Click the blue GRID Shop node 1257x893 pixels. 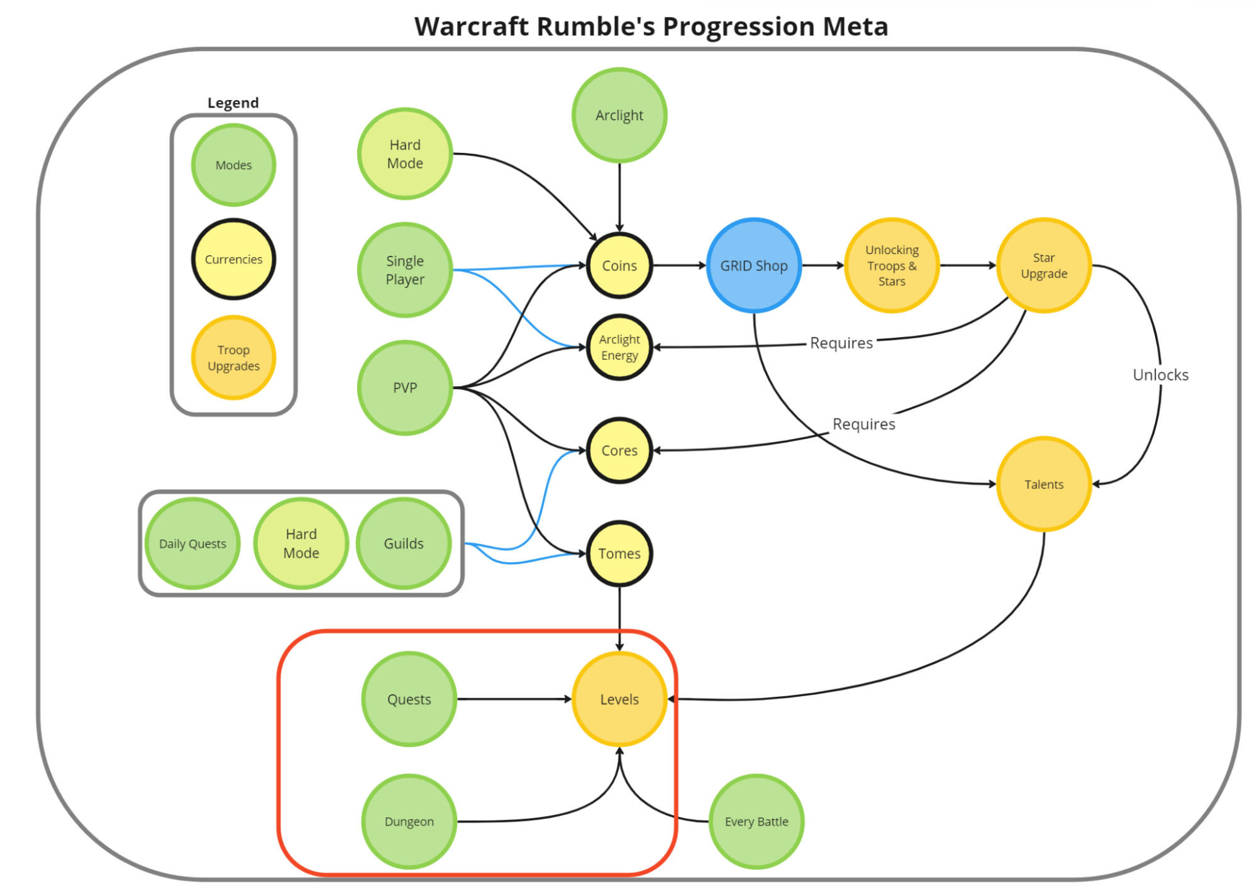click(x=753, y=265)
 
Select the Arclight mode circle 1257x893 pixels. click(x=619, y=116)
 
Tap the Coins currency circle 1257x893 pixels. click(x=619, y=265)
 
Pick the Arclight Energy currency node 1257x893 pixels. click(x=619, y=347)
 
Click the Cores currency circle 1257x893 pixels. click(x=619, y=450)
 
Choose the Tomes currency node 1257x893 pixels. click(x=619, y=553)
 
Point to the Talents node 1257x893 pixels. click(x=1043, y=484)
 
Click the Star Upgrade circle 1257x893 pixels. click(x=1043, y=265)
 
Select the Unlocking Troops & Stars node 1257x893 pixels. click(x=891, y=265)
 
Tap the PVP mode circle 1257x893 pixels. click(x=405, y=387)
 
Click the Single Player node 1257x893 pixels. click(x=405, y=270)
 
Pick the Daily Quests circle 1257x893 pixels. click(x=192, y=543)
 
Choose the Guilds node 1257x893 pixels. click(x=404, y=543)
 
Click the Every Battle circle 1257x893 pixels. click(x=756, y=821)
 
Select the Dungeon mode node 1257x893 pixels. click(x=409, y=821)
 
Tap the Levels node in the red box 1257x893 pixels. click(x=619, y=699)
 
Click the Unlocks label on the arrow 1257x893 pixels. click(x=1160, y=375)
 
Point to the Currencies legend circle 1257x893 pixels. click(x=233, y=259)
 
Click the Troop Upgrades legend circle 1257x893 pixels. click(x=233, y=357)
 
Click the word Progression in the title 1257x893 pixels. click(x=739, y=26)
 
